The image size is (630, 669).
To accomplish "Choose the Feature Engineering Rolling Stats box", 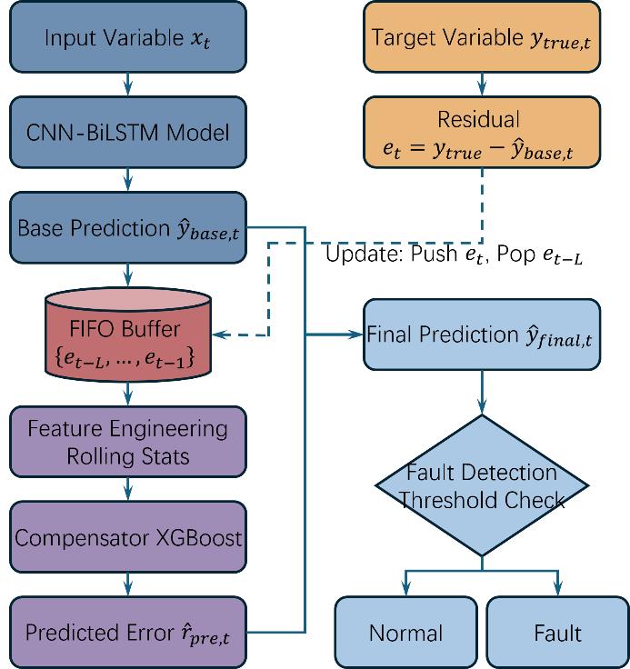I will click(x=128, y=441).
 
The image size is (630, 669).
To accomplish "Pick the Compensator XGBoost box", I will click(x=128, y=537).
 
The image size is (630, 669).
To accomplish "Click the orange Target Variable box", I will click(x=482, y=39).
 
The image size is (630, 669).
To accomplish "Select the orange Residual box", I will click(x=482, y=133).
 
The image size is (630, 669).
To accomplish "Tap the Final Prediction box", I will click(x=482, y=335).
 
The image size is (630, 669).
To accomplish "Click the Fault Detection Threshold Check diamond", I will click(x=482, y=486).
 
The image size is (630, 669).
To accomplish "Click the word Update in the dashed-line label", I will click(x=355, y=256).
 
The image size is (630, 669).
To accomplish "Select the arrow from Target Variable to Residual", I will click(x=482, y=85).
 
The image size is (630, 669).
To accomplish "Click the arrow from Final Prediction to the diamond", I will click(x=482, y=391).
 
